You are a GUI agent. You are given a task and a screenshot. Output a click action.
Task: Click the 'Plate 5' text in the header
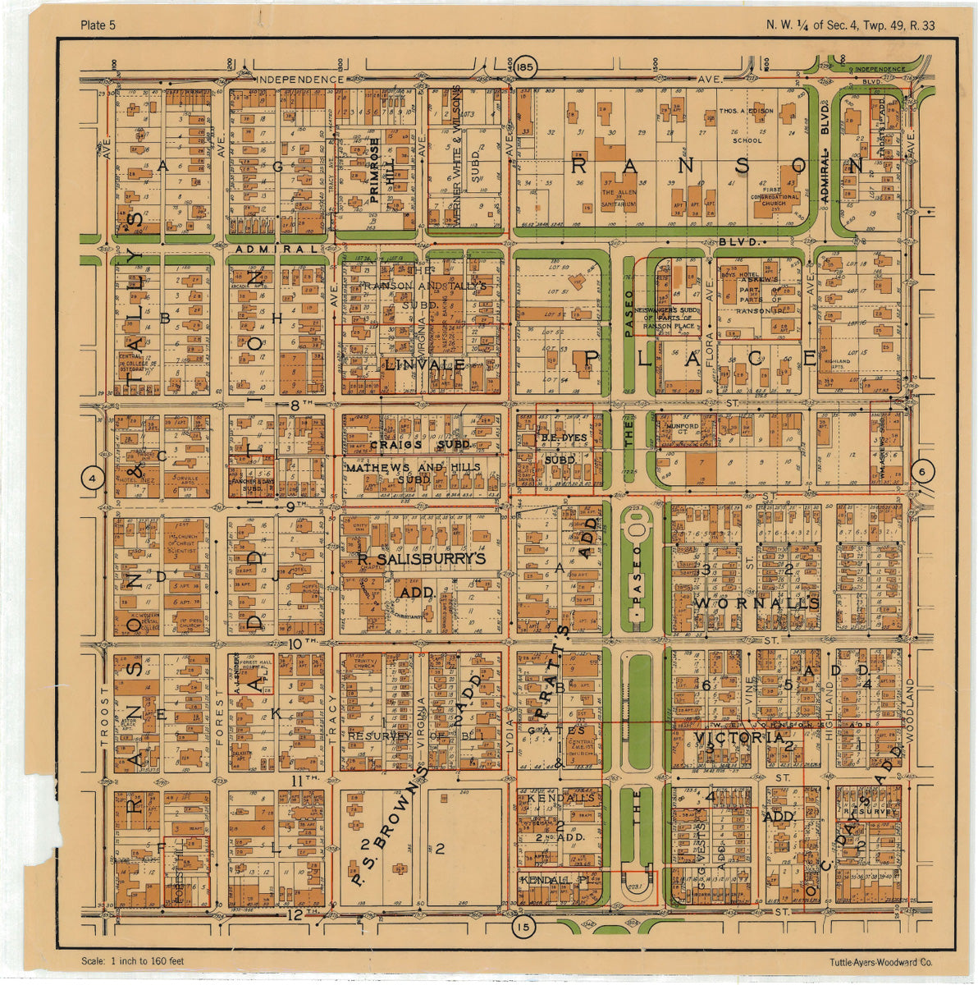tap(98, 25)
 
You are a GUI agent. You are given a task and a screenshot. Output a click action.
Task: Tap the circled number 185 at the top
tap(526, 66)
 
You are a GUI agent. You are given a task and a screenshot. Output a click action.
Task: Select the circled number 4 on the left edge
tap(94, 478)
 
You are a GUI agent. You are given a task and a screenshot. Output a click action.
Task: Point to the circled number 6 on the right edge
tap(923, 471)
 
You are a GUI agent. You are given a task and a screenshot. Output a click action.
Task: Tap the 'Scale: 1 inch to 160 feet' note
tap(133, 961)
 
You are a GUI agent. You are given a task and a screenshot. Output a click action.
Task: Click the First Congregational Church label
tap(774, 197)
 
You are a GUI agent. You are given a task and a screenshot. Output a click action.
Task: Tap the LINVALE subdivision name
tap(424, 364)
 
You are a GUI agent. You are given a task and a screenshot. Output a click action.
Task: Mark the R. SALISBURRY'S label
tap(422, 559)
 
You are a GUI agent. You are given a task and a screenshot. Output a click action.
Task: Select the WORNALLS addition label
tap(756, 603)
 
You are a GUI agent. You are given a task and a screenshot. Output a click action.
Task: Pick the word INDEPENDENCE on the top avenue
tap(300, 80)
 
